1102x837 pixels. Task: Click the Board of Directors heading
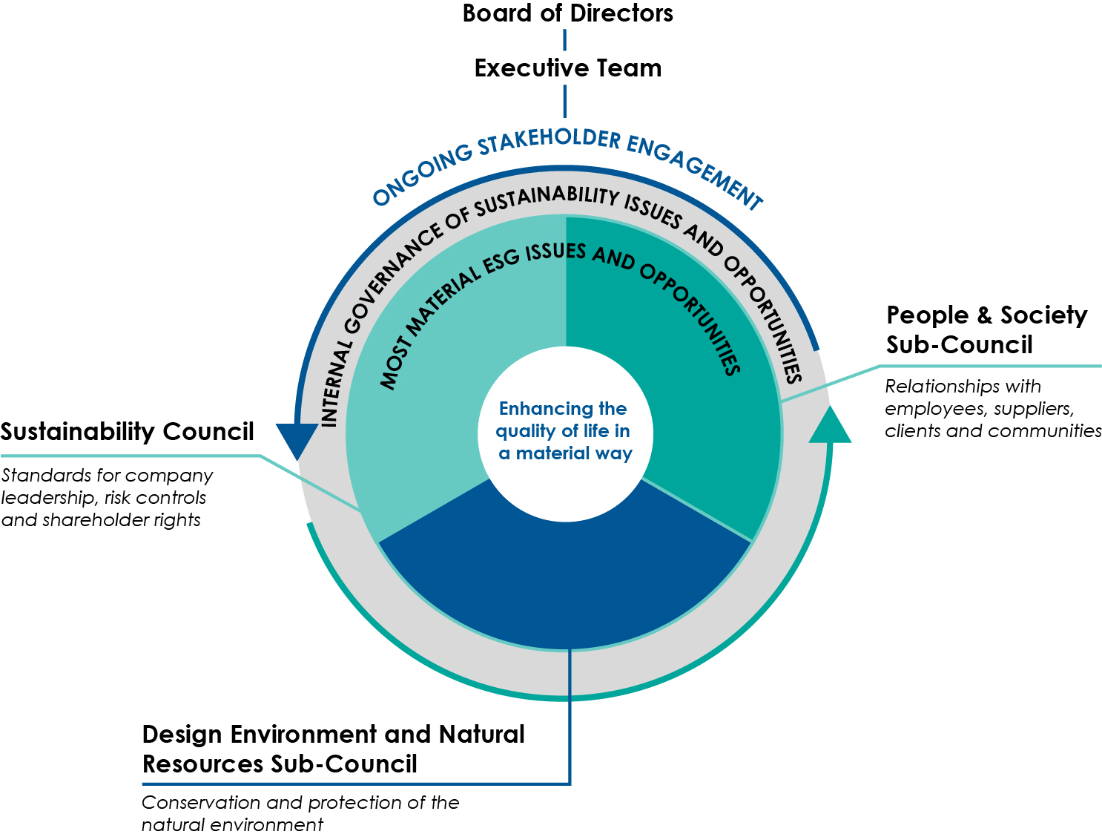tap(567, 13)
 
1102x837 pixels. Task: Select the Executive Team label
tap(567, 68)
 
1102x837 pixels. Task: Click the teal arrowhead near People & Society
tap(830, 426)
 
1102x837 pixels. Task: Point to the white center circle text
tap(564, 431)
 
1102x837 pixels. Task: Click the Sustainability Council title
tap(127, 432)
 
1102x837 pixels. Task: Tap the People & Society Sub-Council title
tap(986, 329)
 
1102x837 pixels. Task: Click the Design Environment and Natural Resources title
tap(333, 749)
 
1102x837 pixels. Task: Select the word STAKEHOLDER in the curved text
tap(549, 139)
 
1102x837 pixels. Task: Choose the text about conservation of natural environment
tap(300, 813)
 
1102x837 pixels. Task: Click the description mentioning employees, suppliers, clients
tap(992, 408)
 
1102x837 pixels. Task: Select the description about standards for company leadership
tap(107, 497)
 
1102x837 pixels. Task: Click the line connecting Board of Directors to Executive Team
tap(565, 40)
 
